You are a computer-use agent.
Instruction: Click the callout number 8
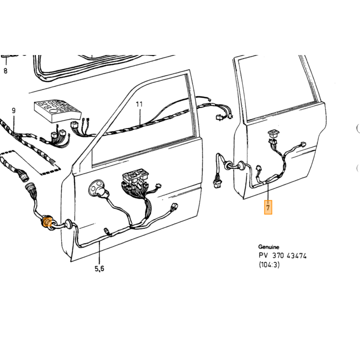6,71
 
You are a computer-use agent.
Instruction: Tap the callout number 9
14,111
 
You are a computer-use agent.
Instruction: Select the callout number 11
139,104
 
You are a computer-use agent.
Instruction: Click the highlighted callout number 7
268,207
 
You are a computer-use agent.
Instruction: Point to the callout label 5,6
99,268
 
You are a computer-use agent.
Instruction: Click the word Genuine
268,247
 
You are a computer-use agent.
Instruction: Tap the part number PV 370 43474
283,256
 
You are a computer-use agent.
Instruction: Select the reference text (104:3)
269,265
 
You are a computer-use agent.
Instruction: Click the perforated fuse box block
58,111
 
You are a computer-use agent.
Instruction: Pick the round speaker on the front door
97,188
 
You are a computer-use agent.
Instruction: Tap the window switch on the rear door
273,133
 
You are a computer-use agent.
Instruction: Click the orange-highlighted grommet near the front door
47,222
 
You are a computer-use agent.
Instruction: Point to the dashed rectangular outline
30,162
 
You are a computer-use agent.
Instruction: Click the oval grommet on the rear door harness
241,166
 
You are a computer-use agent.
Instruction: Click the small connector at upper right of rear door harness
303,144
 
